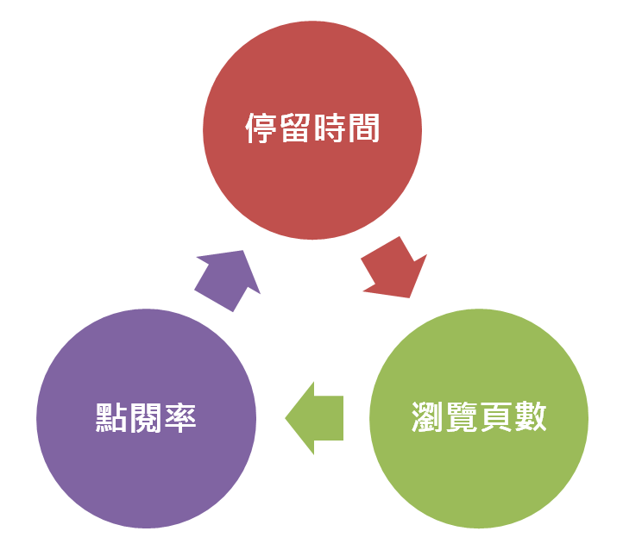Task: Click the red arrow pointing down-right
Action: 394,267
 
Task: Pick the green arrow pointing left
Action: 315,418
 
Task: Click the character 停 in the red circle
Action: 261,131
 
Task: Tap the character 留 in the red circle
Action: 294,131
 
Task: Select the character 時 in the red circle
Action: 329,131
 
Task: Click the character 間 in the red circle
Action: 363,131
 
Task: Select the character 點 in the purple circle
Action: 111,418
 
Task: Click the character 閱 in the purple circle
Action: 146,418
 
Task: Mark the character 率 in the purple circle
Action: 180,418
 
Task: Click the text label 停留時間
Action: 312,131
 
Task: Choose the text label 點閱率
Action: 146,418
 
